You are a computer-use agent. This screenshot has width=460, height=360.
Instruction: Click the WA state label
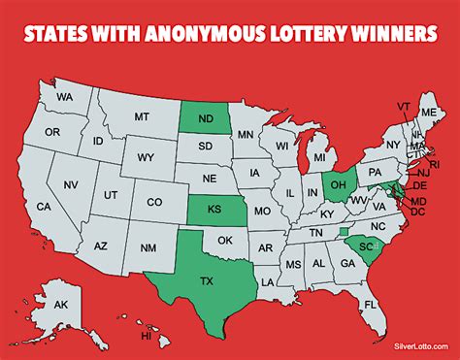click(x=65, y=98)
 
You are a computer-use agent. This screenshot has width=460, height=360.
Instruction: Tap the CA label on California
click(x=44, y=207)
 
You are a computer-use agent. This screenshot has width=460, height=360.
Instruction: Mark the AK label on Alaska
click(x=60, y=306)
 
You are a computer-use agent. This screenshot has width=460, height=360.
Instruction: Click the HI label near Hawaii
click(x=147, y=336)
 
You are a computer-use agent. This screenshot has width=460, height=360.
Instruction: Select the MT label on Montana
click(x=142, y=116)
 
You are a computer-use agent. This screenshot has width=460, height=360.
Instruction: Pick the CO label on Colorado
click(x=154, y=202)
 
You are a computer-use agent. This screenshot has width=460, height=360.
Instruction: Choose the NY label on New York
click(x=393, y=146)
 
